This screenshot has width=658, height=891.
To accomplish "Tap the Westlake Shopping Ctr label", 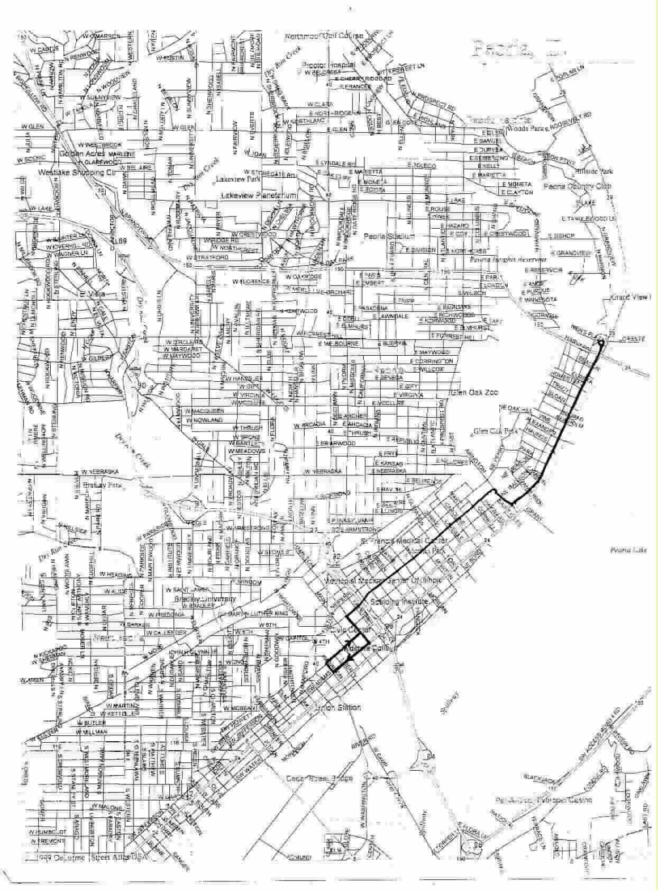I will [x=76, y=173].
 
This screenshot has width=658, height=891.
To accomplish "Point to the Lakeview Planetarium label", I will [x=259, y=196].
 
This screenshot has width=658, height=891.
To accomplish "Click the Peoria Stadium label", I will [x=389, y=237].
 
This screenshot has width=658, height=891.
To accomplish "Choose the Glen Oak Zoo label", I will [x=475, y=393].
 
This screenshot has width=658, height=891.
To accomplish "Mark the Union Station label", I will [x=337, y=707].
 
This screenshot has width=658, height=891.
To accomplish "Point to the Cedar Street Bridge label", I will [x=312, y=778].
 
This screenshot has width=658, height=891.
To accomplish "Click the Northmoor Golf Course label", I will [x=324, y=36].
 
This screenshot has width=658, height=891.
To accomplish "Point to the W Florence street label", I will [x=255, y=282].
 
